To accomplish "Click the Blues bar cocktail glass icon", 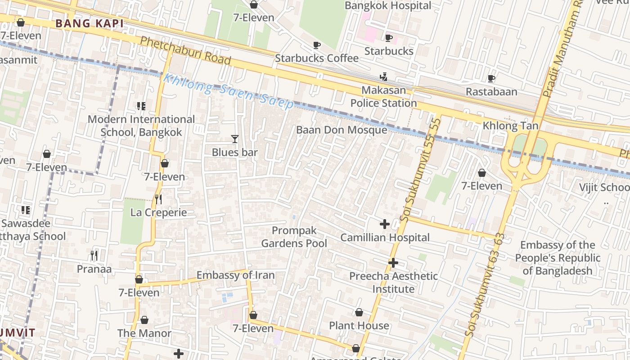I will [234, 139].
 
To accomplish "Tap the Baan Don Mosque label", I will [341, 130].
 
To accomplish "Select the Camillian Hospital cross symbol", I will [385, 224].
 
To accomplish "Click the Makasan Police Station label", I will [383, 97].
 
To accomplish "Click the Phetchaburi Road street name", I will [185, 50].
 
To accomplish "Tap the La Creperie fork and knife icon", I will [158, 198].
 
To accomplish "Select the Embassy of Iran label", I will [235, 275].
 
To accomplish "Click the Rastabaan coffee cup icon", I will [491, 79].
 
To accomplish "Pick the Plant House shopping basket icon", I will [359, 312].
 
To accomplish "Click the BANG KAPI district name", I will [89, 24].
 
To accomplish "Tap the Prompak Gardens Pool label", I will [294, 237].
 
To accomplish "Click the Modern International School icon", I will [141, 106].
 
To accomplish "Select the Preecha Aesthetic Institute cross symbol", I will [393, 262].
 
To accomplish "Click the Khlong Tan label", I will [510, 126].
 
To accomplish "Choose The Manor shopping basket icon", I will [144, 320].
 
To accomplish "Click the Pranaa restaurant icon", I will [94, 256].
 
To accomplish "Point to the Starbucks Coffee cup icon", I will [317, 45].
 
